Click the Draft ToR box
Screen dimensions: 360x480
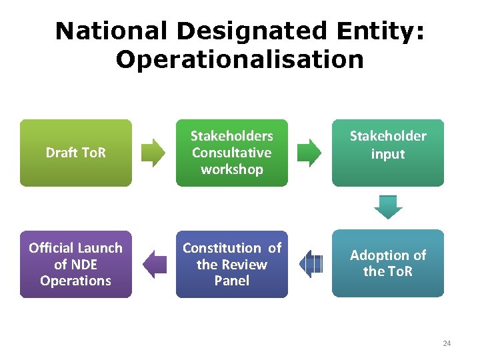[x=75, y=153]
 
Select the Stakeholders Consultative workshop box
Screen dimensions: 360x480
[x=231, y=153]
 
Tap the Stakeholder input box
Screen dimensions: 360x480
[x=387, y=153]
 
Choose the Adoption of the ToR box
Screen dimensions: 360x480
[x=387, y=263]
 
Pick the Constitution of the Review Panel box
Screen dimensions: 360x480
[x=231, y=263]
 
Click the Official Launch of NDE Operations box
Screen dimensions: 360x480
[x=75, y=263]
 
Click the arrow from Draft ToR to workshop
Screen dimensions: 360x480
[x=154, y=153]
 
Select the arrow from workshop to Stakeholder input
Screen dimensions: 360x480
[x=309, y=153]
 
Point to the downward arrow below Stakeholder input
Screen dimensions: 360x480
[x=388, y=207]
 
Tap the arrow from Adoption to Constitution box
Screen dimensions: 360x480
[x=311, y=264]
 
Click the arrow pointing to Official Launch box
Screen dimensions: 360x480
[x=155, y=264]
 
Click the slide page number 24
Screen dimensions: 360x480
[x=446, y=343]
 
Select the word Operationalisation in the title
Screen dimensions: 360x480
[x=239, y=59]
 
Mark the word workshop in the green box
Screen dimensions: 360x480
[x=231, y=169]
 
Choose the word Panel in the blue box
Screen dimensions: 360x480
[x=231, y=281]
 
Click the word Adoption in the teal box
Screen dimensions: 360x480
[x=378, y=255]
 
